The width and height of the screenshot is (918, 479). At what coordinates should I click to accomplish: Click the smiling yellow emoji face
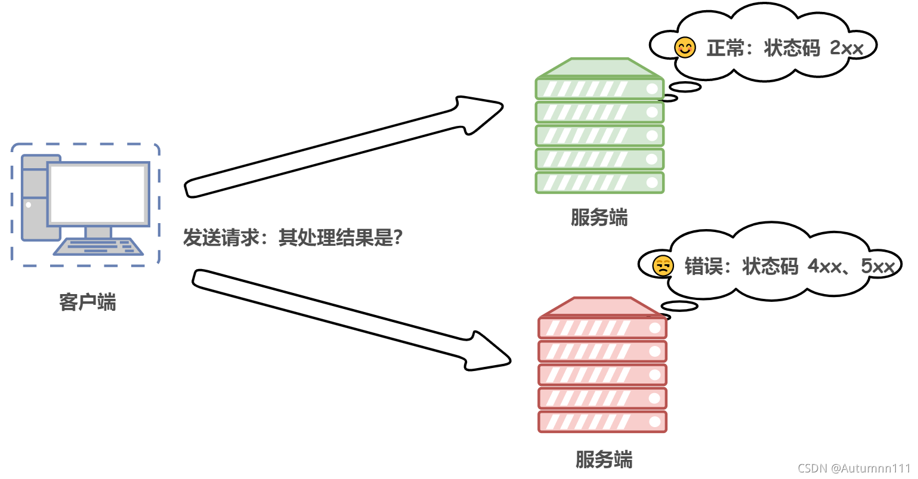click(x=685, y=48)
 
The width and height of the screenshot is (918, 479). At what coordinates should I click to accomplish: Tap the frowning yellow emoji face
click(x=663, y=266)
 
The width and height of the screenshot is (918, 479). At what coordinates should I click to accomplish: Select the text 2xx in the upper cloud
click(x=846, y=48)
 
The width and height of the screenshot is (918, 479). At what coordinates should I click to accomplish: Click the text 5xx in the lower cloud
click(x=877, y=266)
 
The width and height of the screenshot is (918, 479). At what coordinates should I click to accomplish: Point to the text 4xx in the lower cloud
click(x=824, y=266)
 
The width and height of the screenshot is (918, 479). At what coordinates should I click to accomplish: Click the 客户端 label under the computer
click(x=88, y=302)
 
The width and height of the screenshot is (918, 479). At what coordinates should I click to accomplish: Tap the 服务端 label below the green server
click(x=599, y=218)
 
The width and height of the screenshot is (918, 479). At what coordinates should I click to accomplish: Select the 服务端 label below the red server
click(x=604, y=459)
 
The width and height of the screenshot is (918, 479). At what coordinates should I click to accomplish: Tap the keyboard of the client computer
click(x=98, y=246)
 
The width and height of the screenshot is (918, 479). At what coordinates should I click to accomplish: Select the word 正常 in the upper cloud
click(x=725, y=48)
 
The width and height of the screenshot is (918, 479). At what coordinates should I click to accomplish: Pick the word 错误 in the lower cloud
click(x=703, y=266)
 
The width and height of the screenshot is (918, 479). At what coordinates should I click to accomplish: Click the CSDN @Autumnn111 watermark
click(x=854, y=468)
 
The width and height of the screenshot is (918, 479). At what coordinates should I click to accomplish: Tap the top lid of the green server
click(x=599, y=67)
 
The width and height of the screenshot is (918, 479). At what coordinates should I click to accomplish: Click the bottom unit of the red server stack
click(x=602, y=422)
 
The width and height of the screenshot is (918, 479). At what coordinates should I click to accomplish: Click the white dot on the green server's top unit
click(x=651, y=89)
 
